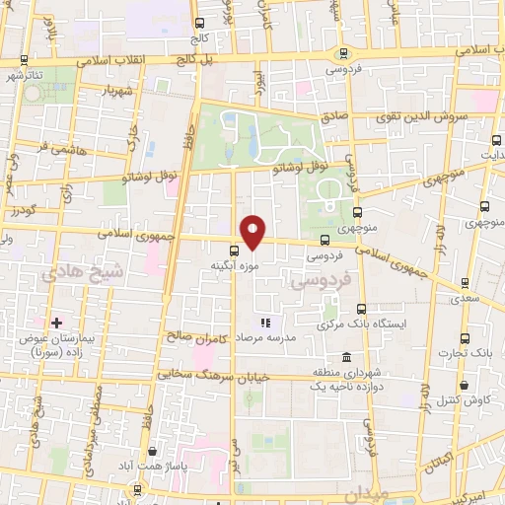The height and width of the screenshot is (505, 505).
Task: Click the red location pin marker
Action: tap(253, 232)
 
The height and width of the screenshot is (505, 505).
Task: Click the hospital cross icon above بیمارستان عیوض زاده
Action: tap(56, 323)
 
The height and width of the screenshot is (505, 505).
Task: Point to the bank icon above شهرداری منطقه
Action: tap(345, 357)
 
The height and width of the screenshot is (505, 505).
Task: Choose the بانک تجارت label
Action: tap(468, 352)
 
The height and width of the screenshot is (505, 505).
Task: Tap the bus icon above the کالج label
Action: tap(199, 23)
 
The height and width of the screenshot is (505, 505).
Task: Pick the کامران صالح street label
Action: tap(196, 336)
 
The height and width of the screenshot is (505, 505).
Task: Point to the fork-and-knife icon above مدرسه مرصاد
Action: tap(263, 323)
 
